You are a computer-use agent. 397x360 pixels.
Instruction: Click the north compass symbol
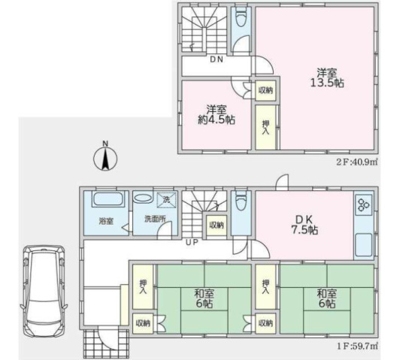[x=105, y=158]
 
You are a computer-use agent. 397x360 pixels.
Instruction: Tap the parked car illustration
[x=44, y=291]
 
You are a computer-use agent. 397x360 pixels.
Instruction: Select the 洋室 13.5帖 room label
[x=327, y=77]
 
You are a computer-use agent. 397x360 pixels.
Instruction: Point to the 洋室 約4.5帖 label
[x=217, y=115]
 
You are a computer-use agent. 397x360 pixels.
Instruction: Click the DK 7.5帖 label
[x=305, y=225]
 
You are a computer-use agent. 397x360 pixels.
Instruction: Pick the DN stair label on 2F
[x=217, y=59]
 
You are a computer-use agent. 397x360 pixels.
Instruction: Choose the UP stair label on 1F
[x=192, y=242]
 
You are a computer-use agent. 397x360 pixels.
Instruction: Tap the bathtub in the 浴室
[x=108, y=199]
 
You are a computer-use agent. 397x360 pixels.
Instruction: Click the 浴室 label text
[x=106, y=221]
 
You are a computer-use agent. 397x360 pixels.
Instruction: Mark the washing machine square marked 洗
[x=166, y=200]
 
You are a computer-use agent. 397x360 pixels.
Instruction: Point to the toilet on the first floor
[x=241, y=201]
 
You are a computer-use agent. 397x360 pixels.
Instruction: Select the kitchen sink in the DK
[x=364, y=245]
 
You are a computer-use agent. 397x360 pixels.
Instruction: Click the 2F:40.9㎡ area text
[x=356, y=162]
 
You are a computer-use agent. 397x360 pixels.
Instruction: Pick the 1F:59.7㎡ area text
[x=357, y=346]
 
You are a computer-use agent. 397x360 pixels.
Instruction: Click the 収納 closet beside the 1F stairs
[x=217, y=225]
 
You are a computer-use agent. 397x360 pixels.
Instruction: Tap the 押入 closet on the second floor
[x=265, y=127]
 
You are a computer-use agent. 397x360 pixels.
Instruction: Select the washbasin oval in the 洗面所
[x=144, y=198]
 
